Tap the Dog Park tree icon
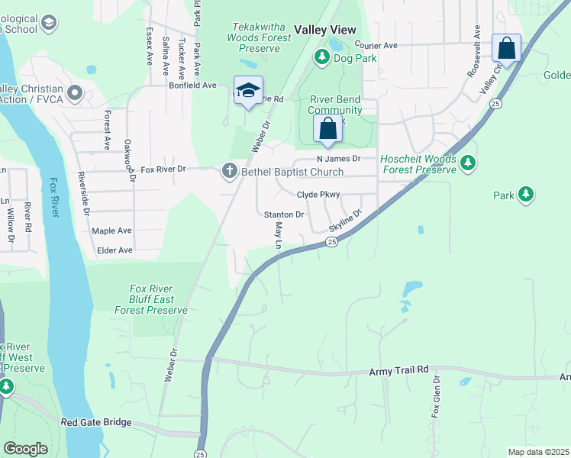(x=321, y=57)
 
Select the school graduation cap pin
(x=248, y=90)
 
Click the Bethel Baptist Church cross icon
(x=229, y=172)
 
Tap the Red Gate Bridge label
(x=96, y=422)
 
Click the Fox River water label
(x=53, y=198)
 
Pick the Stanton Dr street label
(x=284, y=215)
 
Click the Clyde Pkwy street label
(x=318, y=195)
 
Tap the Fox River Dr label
(x=164, y=169)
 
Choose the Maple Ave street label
(x=112, y=231)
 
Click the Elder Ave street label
(x=115, y=250)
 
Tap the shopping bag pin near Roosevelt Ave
(x=506, y=48)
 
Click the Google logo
(x=25, y=449)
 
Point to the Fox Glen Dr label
(x=436, y=396)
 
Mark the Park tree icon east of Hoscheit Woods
(x=525, y=195)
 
